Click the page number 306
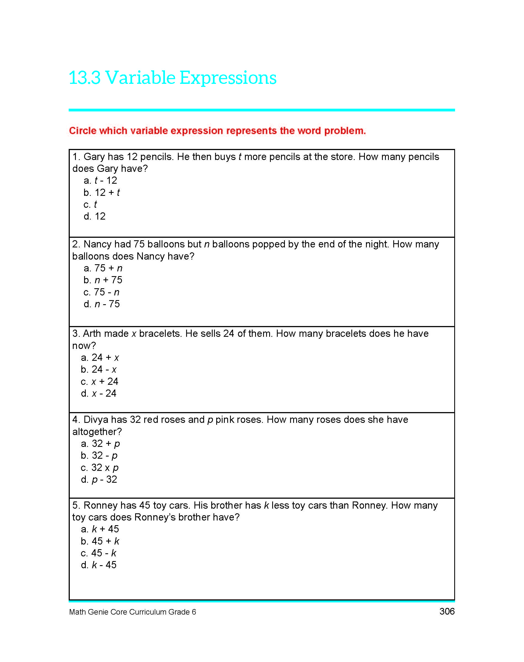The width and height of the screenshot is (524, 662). click(447, 611)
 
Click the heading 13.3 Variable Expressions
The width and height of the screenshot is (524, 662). click(172, 78)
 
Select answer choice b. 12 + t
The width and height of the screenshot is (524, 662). click(101, 193)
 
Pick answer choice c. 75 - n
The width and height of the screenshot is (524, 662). click(101, 292)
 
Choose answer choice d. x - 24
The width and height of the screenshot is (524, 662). click(98, 394)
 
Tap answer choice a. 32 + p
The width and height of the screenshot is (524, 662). click(100, 444)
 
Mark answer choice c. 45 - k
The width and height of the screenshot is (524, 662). click(98, 553)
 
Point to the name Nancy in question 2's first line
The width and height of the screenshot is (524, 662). click(98, 244)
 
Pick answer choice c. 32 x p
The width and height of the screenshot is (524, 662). click(100, 468)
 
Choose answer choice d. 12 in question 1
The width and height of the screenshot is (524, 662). click(95, 217)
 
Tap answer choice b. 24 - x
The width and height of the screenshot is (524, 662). click(99, 370)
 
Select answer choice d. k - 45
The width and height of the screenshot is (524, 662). click(99, 565)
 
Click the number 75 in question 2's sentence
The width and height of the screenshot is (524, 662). click(139, 244)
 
